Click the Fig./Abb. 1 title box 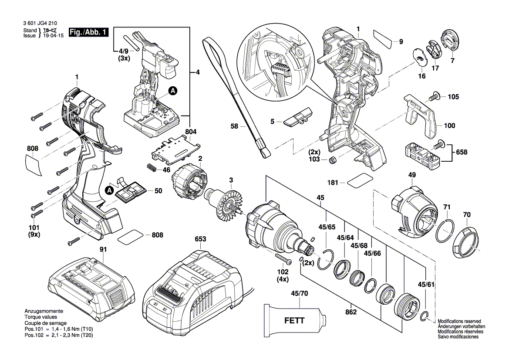[89, 32]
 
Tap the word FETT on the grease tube [294, 321]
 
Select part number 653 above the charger [200, 239]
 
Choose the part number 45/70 [299, 293]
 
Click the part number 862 [351, 312]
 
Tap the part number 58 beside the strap [234, 126]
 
